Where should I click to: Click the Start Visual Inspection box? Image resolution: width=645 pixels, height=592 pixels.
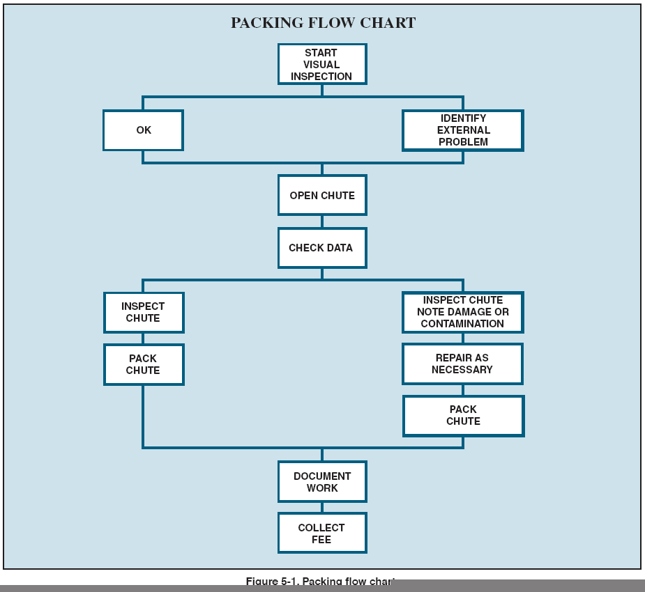pyautogui.click(x=321, y=64)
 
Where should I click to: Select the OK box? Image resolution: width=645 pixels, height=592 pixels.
pyautogui.click(x=143, y=130)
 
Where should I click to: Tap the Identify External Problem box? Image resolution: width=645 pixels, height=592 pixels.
pyautogui.click(x=462, y=130)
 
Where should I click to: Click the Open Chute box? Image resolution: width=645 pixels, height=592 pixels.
pyautogui.click(x=321, y=195)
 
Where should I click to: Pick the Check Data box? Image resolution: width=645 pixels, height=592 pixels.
pyautogui.click(x=321, y=247)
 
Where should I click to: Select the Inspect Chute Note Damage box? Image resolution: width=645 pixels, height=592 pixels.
pyautogui.click(x=462, y=312)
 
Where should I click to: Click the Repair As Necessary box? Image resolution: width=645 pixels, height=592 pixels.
pyautogui.click(x=462, y=364)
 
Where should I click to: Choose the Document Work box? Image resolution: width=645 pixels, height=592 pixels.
pyautogui.click(x=321, y=482)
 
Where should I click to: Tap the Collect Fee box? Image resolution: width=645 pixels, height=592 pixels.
pyautogui.click(x=321, y=533)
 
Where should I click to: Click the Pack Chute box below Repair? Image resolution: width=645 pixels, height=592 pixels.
pyautogui.click(x=463, y=416)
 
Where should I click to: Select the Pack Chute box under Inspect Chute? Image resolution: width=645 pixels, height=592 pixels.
pyautogui.click(x=143, y=364)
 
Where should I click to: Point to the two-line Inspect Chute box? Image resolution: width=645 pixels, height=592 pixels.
pyautogui.click(x=143, y=312)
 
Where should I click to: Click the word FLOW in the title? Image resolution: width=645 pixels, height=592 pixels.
pyautogui.click(x=329, y=23)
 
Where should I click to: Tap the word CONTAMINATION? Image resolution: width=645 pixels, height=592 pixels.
pyautogui.click(x=462, y=324)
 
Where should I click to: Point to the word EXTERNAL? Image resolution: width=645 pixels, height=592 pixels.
pyautogui.click(x=464, y=130)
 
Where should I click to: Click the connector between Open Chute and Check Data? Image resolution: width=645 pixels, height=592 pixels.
pyautogui.click(x=321, y=221)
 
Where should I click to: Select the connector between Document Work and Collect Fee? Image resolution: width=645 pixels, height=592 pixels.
pyautogui.click(x=321, y=508)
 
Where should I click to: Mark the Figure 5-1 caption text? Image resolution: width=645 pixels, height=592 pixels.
pyautogui.click(x=320, y=582)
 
